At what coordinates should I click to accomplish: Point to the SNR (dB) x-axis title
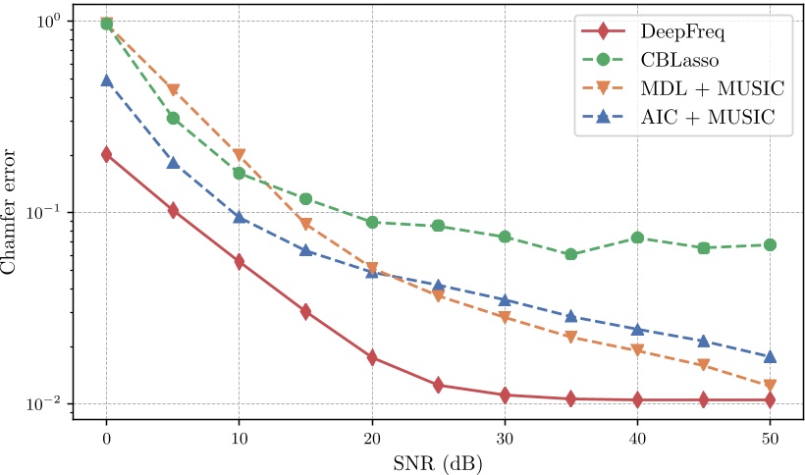click(x=437, y=459)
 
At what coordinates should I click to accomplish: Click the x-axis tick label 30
click(x=504, y=437)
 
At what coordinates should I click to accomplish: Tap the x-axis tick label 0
click(x=106, y=437)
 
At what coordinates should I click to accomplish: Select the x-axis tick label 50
click(x=770, y=437)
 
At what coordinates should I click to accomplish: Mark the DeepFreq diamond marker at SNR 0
click(x=106, y=154)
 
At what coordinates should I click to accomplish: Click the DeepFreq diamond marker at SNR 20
click(x=372, y=358)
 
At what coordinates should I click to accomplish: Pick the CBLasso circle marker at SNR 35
click(x=570, y=255)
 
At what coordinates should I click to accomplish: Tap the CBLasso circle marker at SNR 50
click(x=770, y=244)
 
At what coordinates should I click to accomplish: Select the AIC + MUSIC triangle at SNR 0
click(x=106, y=80)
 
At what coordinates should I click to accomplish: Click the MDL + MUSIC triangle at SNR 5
click(x=173, y=90)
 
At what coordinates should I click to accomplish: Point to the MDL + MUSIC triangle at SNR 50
click(x=770, y=386)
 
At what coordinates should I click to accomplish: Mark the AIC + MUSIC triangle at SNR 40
click(x=637, y=329)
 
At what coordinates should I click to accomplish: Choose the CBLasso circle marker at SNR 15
click(x=305, y=199)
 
